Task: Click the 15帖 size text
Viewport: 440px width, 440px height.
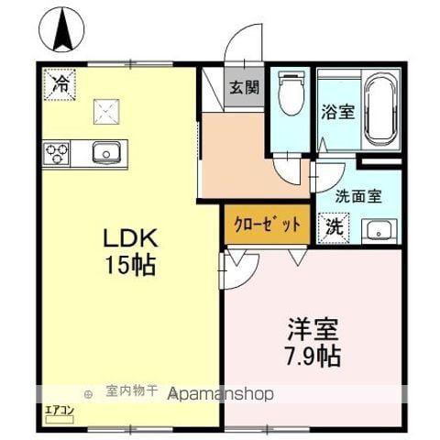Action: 131,266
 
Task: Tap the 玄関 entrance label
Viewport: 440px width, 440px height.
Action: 244,90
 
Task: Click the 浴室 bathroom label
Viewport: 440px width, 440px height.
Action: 336,112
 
